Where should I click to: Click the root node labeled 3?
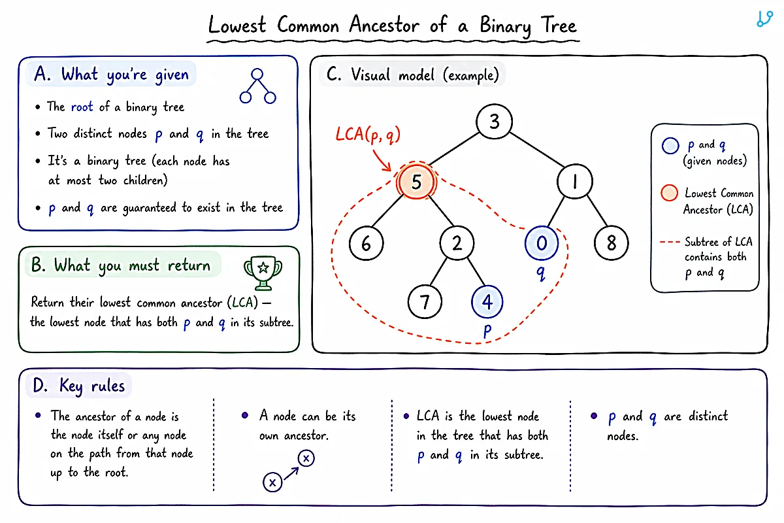494,122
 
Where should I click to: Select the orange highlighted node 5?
416,182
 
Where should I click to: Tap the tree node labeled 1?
575,182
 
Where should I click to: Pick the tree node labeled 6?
366,243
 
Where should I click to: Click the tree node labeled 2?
457,243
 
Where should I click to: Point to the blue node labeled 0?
542,243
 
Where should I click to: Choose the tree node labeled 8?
611,243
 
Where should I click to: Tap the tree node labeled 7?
425,301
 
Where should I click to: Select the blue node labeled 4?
487,301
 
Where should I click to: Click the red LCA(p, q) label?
368,135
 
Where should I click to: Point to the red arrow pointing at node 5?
382,161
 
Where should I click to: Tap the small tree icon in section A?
257,86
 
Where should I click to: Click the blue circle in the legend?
670,146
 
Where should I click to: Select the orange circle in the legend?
669,193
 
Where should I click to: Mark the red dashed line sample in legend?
670,242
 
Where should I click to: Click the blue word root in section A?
82,107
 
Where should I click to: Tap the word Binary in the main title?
505,26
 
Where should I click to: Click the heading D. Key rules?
79,386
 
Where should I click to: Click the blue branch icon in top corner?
764,19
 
